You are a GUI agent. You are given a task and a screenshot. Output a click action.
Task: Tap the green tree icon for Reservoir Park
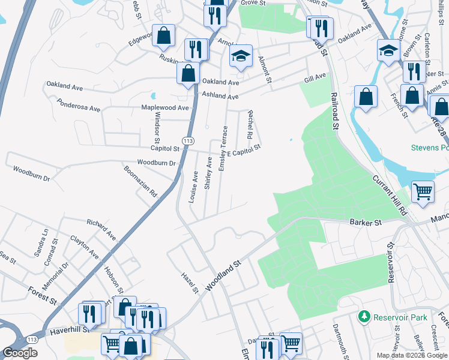(363, 316)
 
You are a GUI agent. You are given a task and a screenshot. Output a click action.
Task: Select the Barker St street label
(366, 223)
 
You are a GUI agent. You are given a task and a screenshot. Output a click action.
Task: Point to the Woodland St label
(223, 275)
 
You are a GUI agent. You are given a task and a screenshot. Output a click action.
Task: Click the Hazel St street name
(190, 283)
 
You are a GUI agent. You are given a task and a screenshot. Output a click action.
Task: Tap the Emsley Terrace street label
(223, 148)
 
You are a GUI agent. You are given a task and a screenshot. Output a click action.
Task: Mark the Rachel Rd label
(250, 123)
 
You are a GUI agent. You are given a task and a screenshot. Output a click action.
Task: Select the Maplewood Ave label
(164, 108)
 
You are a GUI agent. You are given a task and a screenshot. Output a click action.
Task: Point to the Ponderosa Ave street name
(78, 108)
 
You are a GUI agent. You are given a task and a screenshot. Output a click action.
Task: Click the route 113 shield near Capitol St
(188, 140)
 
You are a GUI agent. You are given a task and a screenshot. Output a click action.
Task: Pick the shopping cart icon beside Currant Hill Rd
(423, 192)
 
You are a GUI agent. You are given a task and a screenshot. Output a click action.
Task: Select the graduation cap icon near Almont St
(241, 56)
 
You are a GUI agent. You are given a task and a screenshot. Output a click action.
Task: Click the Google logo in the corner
(19, 353)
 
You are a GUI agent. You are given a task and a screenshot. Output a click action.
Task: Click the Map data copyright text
(412, 355)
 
